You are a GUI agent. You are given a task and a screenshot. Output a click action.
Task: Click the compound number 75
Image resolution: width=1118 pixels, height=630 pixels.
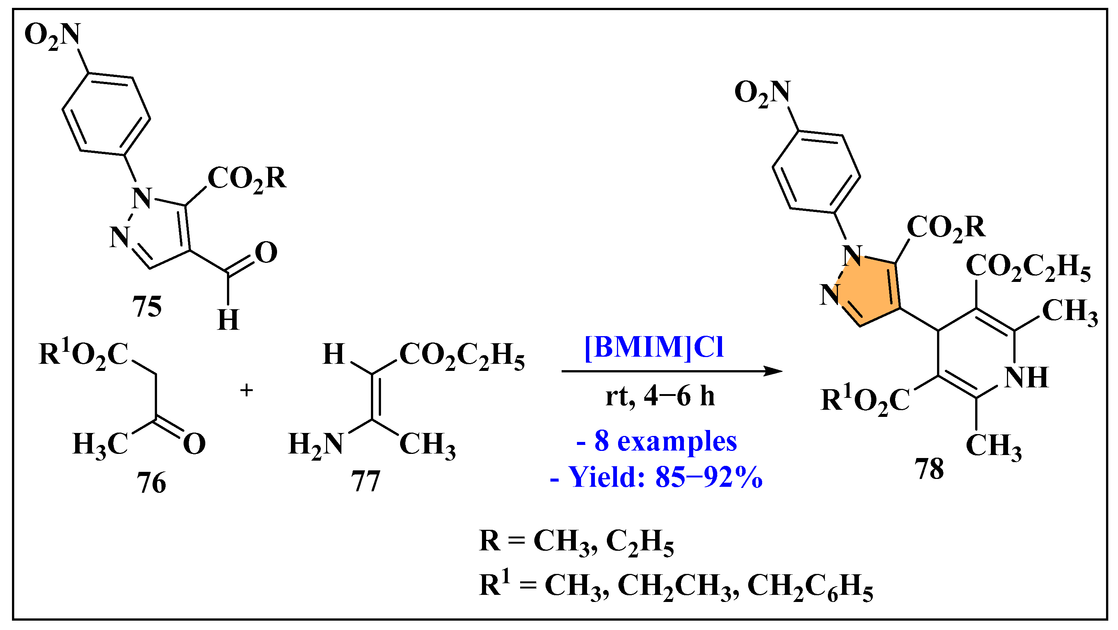click(147, 306)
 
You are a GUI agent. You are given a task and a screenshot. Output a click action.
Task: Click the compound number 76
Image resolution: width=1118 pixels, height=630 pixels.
click(151, 482)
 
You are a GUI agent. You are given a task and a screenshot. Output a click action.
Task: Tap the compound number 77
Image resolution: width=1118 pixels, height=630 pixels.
click(365, 481)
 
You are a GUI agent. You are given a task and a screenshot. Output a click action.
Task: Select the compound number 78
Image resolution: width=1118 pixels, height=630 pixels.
click(929, 468)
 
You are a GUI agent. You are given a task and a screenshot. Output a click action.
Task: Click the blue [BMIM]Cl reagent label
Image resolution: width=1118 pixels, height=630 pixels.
click(654, 347)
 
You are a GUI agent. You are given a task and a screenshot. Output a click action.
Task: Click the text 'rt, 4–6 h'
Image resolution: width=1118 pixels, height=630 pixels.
click(660, 396)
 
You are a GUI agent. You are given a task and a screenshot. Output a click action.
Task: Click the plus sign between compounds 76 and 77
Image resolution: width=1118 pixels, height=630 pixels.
click(246, 390)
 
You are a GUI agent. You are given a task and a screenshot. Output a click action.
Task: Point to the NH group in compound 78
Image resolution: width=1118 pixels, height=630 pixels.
click(1026, 377)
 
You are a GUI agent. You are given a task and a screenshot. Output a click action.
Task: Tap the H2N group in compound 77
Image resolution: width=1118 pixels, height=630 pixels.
click(316, 444)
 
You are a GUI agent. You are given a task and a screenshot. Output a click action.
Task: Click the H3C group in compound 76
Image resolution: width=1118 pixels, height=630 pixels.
click(100, 444)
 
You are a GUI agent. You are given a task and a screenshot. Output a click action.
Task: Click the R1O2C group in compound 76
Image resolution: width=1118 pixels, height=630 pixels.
click(83, 353)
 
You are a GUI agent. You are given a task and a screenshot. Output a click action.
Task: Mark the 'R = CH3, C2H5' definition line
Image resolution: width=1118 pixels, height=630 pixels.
click(576, 541)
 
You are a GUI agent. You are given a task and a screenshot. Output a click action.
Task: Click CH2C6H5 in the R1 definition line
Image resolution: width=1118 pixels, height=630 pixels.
click(810, 586)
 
